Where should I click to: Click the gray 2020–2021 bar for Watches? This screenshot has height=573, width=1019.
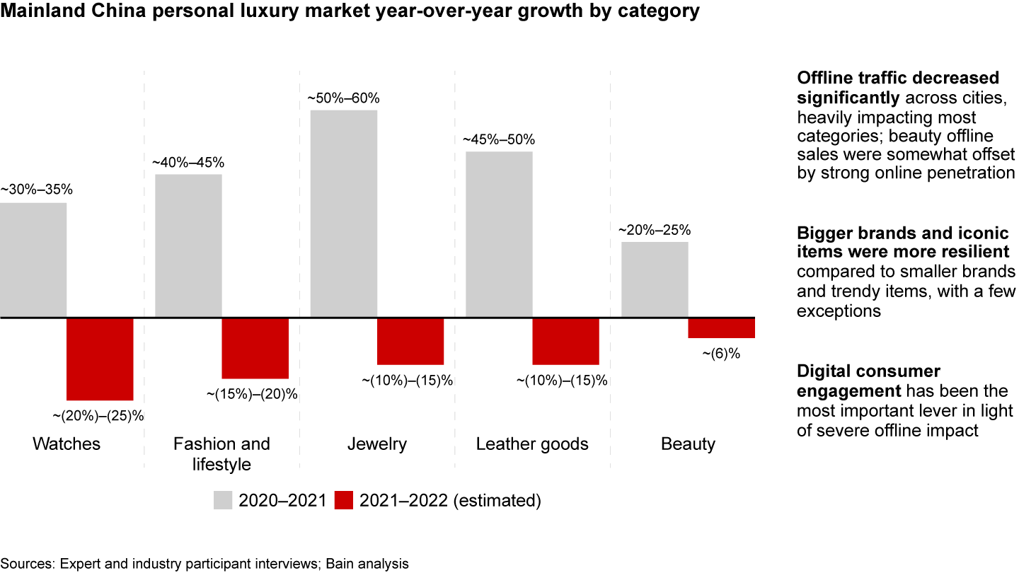tap(33, 260)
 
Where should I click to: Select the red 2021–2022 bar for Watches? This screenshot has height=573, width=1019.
tap(100, 359)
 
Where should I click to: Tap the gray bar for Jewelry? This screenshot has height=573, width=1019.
tap(344, 214)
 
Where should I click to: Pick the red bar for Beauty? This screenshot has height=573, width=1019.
tap(721, 328)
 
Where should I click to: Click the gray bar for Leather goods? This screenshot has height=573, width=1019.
tap(499, 234)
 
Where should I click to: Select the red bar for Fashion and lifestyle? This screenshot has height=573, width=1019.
tap(255, 348)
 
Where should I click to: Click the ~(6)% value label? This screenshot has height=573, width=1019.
tap(721, 354)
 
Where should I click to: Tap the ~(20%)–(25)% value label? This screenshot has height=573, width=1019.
tap(98, 415)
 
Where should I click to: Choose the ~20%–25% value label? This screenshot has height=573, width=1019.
tap(655, 230)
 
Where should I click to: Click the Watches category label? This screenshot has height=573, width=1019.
tap(67, 444)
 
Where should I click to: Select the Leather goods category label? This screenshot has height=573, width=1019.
tap(532, 444)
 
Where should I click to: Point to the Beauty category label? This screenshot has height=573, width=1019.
tap(688, 444)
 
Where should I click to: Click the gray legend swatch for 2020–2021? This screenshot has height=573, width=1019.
tap(223, 501)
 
